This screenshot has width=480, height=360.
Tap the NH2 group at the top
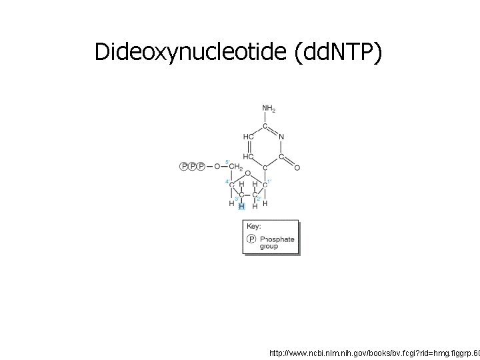click(x=268, y=109)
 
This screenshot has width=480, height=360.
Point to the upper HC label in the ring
click(x=247, y=137)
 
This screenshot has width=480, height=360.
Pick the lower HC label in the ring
click(x=247, y=157)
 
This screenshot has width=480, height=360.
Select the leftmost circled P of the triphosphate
click(x=183, y=166)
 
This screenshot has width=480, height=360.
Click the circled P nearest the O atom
click(x=201, y=166)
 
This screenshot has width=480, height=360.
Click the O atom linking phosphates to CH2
click(x=217, y=166)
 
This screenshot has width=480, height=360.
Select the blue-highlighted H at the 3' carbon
click(x=242, y=207)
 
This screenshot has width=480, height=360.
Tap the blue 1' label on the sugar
click(x=269, y=180)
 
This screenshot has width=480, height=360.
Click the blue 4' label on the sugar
click(x=227, y=181)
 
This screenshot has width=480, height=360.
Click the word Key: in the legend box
click(x=254, y=227)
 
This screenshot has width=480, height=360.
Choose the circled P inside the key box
click(x=251, y=239)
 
